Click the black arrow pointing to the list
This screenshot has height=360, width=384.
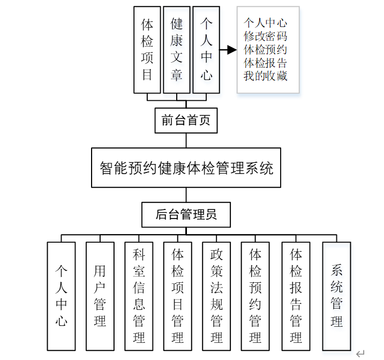coord(229,50)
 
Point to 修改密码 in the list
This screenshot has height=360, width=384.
coord(265,36)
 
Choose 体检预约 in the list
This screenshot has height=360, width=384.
coord(265,50)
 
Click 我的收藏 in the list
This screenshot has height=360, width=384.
coord(265,76)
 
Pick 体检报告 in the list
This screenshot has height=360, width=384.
coord(265,63)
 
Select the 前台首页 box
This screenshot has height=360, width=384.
coord(186,121)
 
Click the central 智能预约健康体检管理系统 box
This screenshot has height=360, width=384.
coord(186,168)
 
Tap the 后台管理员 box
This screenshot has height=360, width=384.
coord(186,215)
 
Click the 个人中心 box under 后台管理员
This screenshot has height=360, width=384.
coord(61,296)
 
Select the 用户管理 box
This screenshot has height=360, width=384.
coord(100,296)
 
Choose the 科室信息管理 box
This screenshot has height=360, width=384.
coord(139,296)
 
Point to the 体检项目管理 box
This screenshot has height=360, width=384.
coord(177,296)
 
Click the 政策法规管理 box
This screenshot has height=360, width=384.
coord(216,296)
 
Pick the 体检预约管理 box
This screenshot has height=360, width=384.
coord(255,296)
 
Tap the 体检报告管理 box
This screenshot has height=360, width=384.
coord(296,296)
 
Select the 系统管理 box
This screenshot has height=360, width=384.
coord(336,296)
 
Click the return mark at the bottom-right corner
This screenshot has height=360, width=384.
coord(360,353)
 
